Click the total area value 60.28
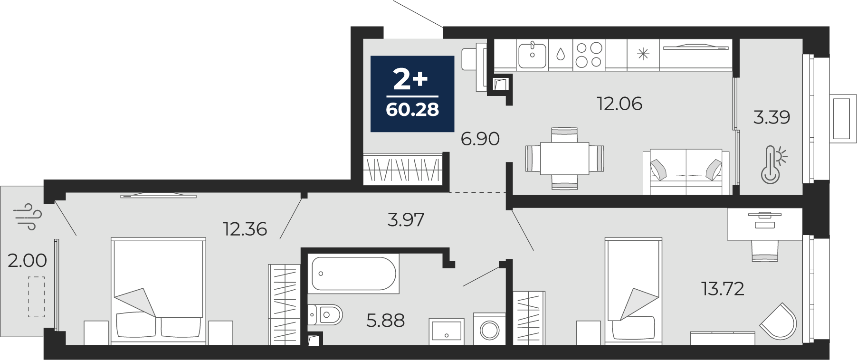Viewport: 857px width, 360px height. pyautogui.click(x=412, y=110)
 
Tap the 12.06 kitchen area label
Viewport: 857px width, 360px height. pyautogui.click(x=619, y=104)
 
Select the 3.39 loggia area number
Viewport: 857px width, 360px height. pyautogui.click(x=771, y=117)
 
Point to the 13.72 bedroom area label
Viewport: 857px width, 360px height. pyautogui.click(x=723, y=288)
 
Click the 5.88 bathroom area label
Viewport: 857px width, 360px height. pyautogui.click(x=386, y=321)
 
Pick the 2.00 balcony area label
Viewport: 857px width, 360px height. pyautogui.click(x=27, y=260)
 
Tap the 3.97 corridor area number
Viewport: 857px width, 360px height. pyautogui.click(x=406, y=219)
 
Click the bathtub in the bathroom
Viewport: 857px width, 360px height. pyautogui.click(x=353, y=274)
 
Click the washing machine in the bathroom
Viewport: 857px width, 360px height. pyautogui.click(x=489, y=329)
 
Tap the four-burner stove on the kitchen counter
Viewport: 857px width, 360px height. pyautogui.click(x=589, y=55)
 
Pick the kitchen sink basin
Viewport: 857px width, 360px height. pyautogui.click(x=532, y=55)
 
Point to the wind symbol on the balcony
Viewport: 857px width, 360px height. pyautogui.click(x=29, y=217)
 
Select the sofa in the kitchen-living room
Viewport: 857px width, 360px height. pyautogui.click(x=686, y=172)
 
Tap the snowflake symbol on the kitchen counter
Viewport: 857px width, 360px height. pyautogui.click(x=643, y=54)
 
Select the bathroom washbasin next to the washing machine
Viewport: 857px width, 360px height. pyautogui.click(x=447, y=331)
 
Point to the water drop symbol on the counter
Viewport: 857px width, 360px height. pyautogui.click(x=561, y=54)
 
